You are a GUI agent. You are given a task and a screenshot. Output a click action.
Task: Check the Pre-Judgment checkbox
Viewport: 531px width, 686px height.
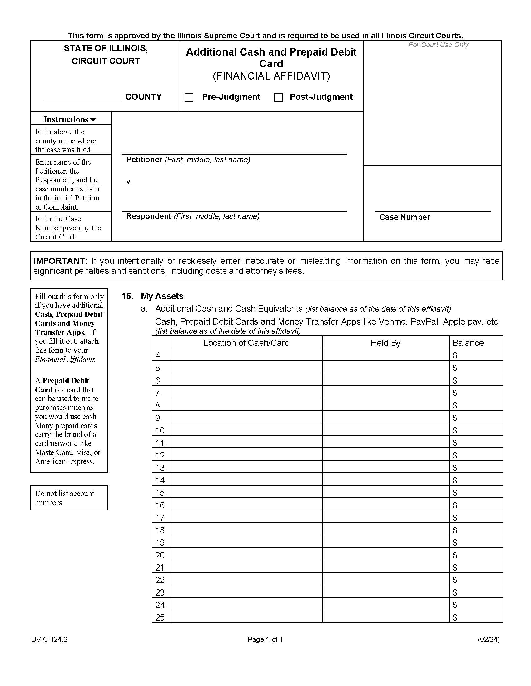[189, 97]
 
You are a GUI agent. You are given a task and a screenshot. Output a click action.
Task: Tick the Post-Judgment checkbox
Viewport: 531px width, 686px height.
[278, 97]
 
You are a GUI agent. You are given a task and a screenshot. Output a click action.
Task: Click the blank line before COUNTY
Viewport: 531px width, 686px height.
[82, 98]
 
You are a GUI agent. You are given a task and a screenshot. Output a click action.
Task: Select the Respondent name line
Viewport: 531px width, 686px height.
[234, 207]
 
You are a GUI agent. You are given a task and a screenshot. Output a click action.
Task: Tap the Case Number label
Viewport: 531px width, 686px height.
[404, 217]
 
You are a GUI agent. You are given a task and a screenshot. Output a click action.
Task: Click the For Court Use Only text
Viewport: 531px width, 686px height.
[438, 45]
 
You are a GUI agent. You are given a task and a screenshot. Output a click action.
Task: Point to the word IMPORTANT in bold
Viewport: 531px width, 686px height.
[60, 261]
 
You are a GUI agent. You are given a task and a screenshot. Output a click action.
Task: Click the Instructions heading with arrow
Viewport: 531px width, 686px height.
[70, 119]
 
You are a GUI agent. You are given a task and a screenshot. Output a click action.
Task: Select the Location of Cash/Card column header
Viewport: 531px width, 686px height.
[246, 343]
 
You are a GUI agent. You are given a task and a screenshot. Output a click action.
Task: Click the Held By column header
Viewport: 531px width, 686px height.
[385, 343]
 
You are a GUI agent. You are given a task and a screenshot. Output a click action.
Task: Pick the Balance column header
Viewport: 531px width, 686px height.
[468, 343]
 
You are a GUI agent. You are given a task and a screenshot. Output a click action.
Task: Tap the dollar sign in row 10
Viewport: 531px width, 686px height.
[454, 430]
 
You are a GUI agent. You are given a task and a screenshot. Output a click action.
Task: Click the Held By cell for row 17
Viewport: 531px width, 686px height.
[385, 517]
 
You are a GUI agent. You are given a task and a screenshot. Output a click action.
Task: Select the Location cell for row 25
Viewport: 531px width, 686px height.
[246, 617]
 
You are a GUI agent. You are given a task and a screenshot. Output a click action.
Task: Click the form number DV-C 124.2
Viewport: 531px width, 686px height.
[49, 639]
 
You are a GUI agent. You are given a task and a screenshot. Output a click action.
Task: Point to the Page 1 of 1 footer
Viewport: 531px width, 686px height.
[265, 639]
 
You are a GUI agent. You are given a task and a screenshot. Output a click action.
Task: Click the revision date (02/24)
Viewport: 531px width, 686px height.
[488, 639]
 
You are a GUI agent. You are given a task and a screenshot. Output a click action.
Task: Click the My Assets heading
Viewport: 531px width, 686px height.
[162, 296]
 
